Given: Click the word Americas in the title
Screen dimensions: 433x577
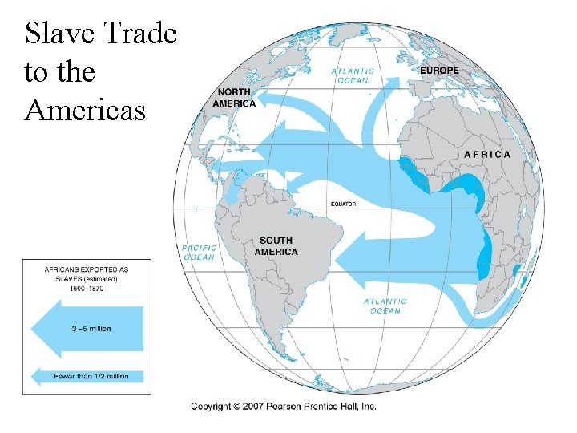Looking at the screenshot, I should [x=85, y=110].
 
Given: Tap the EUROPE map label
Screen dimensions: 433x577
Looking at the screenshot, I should [x=439, y=71].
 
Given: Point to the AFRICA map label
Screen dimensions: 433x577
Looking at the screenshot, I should [x=486, y=154].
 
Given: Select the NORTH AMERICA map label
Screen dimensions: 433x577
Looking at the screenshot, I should [x=234, y=98].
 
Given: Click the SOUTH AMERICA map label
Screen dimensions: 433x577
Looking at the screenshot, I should [x=276, y=246].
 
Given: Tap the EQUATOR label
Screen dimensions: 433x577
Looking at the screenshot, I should [x=343, y=204].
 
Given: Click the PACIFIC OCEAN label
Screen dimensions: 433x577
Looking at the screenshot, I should [x=199, y=253].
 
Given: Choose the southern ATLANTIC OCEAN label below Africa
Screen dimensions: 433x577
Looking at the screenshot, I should [x=385, y=306].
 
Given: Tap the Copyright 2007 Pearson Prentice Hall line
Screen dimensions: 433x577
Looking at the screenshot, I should [x=283, y=407].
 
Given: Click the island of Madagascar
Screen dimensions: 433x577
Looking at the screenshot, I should [x=517, y=273].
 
